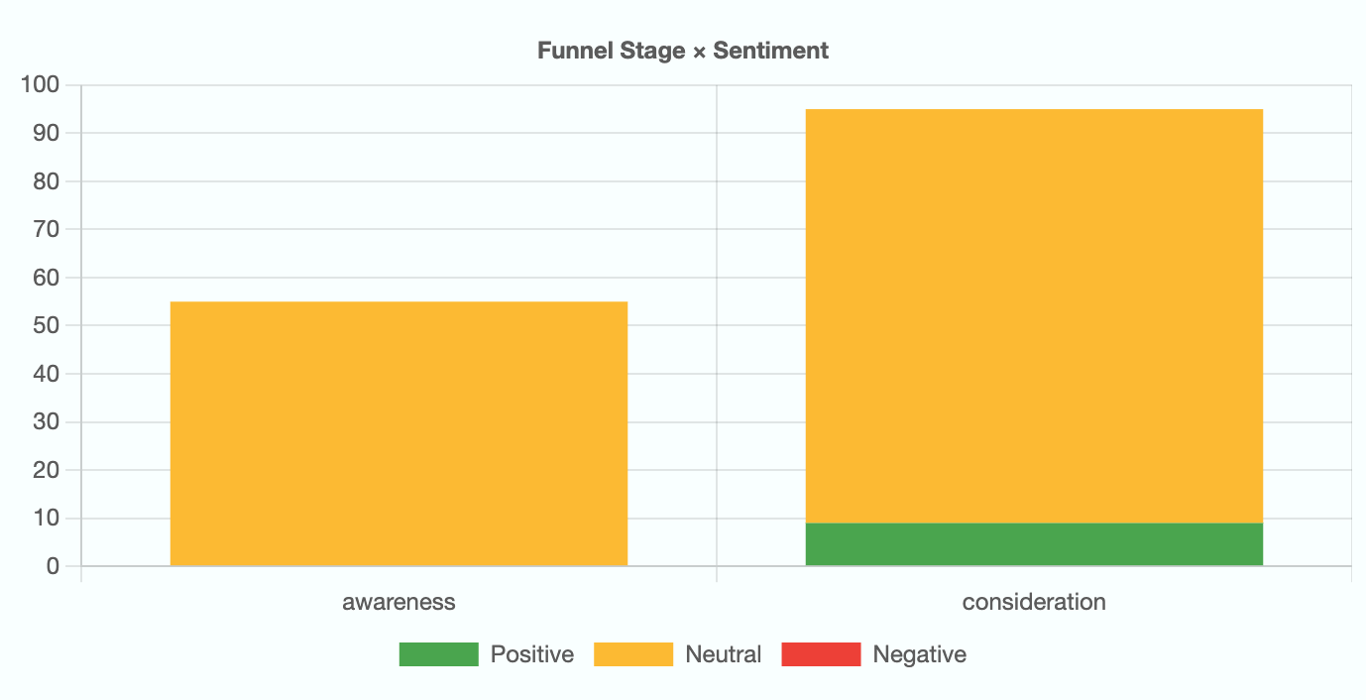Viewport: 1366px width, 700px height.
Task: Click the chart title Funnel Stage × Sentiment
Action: [x=683, y=51]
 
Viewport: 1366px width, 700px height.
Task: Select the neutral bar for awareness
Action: [x=398, y=433]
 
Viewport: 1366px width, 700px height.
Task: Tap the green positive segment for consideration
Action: [x=1034, y=544]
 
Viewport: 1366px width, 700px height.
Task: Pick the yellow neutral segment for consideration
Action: [x=1034, y=315]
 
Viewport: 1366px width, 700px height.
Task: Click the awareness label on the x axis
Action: [x=398, y=602]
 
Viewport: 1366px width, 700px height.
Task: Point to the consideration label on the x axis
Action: [x=1034, y=602]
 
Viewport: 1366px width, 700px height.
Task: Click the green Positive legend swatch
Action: [x=438, y=654]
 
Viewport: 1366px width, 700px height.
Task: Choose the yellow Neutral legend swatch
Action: [x=632, y=654]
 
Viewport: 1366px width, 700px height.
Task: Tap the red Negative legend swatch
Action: [x=821, y=654]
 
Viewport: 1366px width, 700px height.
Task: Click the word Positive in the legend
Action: [x=532, y=654]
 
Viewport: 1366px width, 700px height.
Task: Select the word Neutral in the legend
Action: [x=724, y=654]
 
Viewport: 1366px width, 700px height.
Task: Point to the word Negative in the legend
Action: [x=920, y=654]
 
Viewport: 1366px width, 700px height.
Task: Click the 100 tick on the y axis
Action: [x=40, y=85]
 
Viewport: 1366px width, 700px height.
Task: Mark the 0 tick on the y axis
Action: [x=53, y=566]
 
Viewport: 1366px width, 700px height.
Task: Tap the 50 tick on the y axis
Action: [x=46, y=325]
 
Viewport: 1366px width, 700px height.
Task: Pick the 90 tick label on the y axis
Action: [x=46, y=133]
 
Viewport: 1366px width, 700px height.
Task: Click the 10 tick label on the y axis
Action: [x=46, y=518]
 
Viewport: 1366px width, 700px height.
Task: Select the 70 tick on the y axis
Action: [x=46, y=229]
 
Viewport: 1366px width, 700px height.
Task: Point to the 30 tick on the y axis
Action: [x=46, y=421]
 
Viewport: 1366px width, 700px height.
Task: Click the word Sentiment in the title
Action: [x=771, y=51]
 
